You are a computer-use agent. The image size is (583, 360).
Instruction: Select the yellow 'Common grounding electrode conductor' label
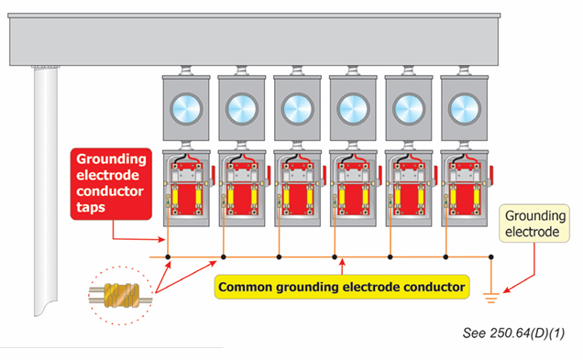click(x=341, y=287)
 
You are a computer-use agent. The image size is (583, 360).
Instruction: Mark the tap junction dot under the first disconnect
click(x=169, y=256)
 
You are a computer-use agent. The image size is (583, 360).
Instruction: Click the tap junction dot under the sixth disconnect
click(x=446, y=256)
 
